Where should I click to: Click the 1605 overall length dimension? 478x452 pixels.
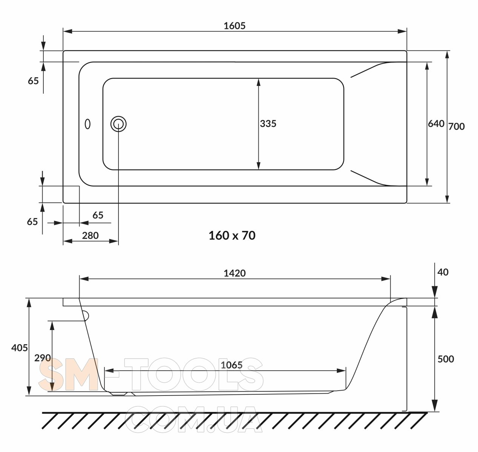[234, 26]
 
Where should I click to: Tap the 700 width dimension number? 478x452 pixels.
[456, 127]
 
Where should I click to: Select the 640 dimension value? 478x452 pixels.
[436, 124]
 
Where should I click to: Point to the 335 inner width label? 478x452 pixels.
[268, 124]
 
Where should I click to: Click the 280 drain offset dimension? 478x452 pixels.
[90, 235]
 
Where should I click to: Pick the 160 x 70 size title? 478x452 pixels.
[232, 235]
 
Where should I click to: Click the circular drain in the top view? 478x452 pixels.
[118, 124]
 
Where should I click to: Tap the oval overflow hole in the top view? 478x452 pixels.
[88, 124]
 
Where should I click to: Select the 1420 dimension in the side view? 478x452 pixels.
[234, 273]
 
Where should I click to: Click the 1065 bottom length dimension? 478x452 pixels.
[232, 365]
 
